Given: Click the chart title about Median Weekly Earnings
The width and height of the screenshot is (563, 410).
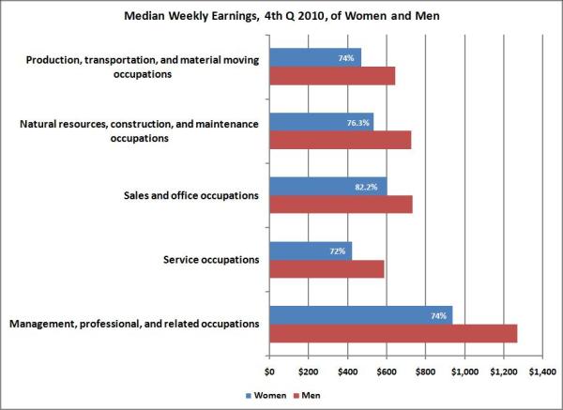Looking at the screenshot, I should (x=281, y=16).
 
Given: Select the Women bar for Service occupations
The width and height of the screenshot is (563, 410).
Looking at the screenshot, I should (x=311, y=251).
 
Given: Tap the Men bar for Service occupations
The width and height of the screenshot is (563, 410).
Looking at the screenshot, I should (x=327, y=269).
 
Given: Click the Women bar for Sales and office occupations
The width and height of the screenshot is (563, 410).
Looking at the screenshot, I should (x=327, y=186).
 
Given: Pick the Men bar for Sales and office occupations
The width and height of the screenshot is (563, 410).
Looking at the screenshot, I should (x=341, y=205).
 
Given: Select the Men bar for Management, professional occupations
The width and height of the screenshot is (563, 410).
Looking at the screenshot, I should (x=393, y=333).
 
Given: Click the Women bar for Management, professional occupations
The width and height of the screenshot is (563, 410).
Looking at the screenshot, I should (x=360, y=315).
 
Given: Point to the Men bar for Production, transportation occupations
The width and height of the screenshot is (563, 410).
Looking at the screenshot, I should (x=332, y=76).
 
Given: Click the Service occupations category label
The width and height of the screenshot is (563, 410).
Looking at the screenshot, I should (x=204, y=260).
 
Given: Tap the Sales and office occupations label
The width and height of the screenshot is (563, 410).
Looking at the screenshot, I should (x=190, y=195).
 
